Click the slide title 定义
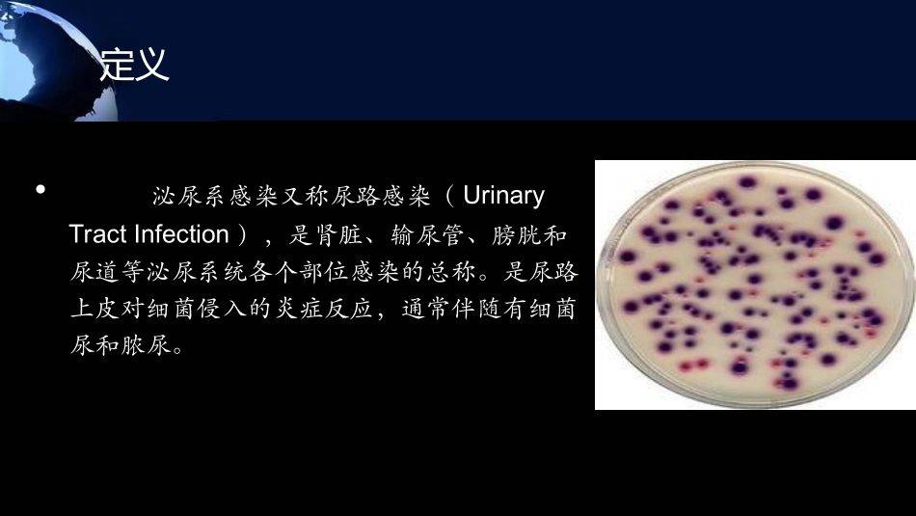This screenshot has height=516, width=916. (x=134, y=66)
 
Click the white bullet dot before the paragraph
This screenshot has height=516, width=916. (x=40, y=189)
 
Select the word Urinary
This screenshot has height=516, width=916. (x=503, y=196)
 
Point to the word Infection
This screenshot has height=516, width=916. (x=182, y=234)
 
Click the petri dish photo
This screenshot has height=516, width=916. (x=754, y=285)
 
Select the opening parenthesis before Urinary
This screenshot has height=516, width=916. (x=449, y=197)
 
